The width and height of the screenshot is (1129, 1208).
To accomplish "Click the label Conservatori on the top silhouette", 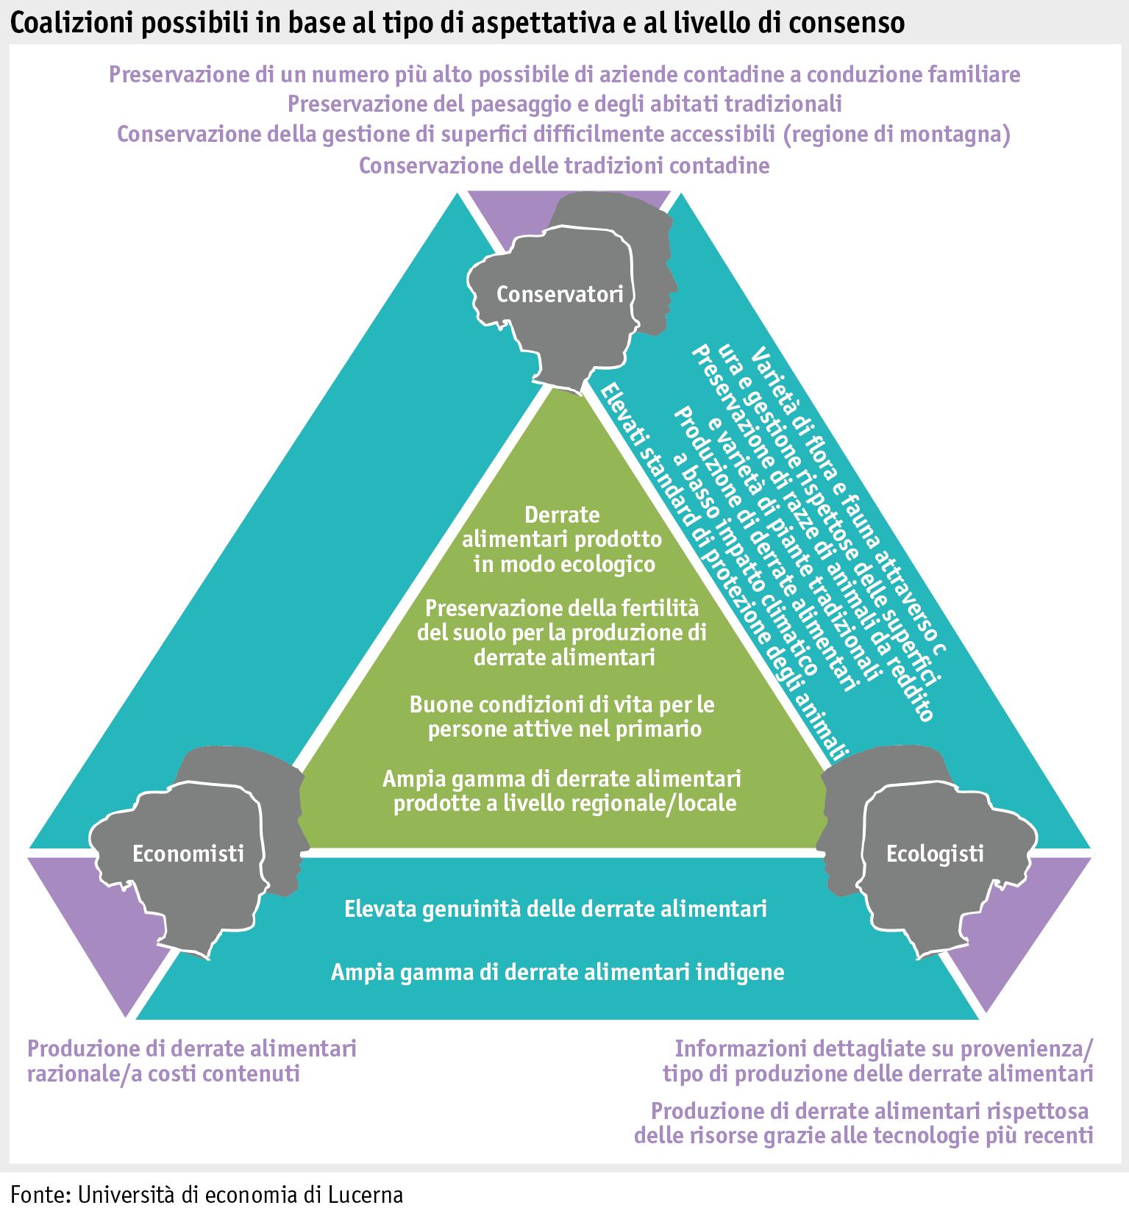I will pos(560,294).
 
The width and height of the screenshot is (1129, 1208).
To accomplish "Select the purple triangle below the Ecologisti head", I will pos(1022,934).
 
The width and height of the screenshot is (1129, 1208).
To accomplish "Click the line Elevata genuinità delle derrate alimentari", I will pos(555,909).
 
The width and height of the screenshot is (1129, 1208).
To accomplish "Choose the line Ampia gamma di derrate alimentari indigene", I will pos(558,972).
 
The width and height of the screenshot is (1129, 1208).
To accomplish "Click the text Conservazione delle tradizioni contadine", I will pos(564,165).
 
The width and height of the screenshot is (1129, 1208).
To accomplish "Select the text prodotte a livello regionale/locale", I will pos(564,803).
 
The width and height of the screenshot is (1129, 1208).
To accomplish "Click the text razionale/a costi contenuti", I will pos(163,1073).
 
